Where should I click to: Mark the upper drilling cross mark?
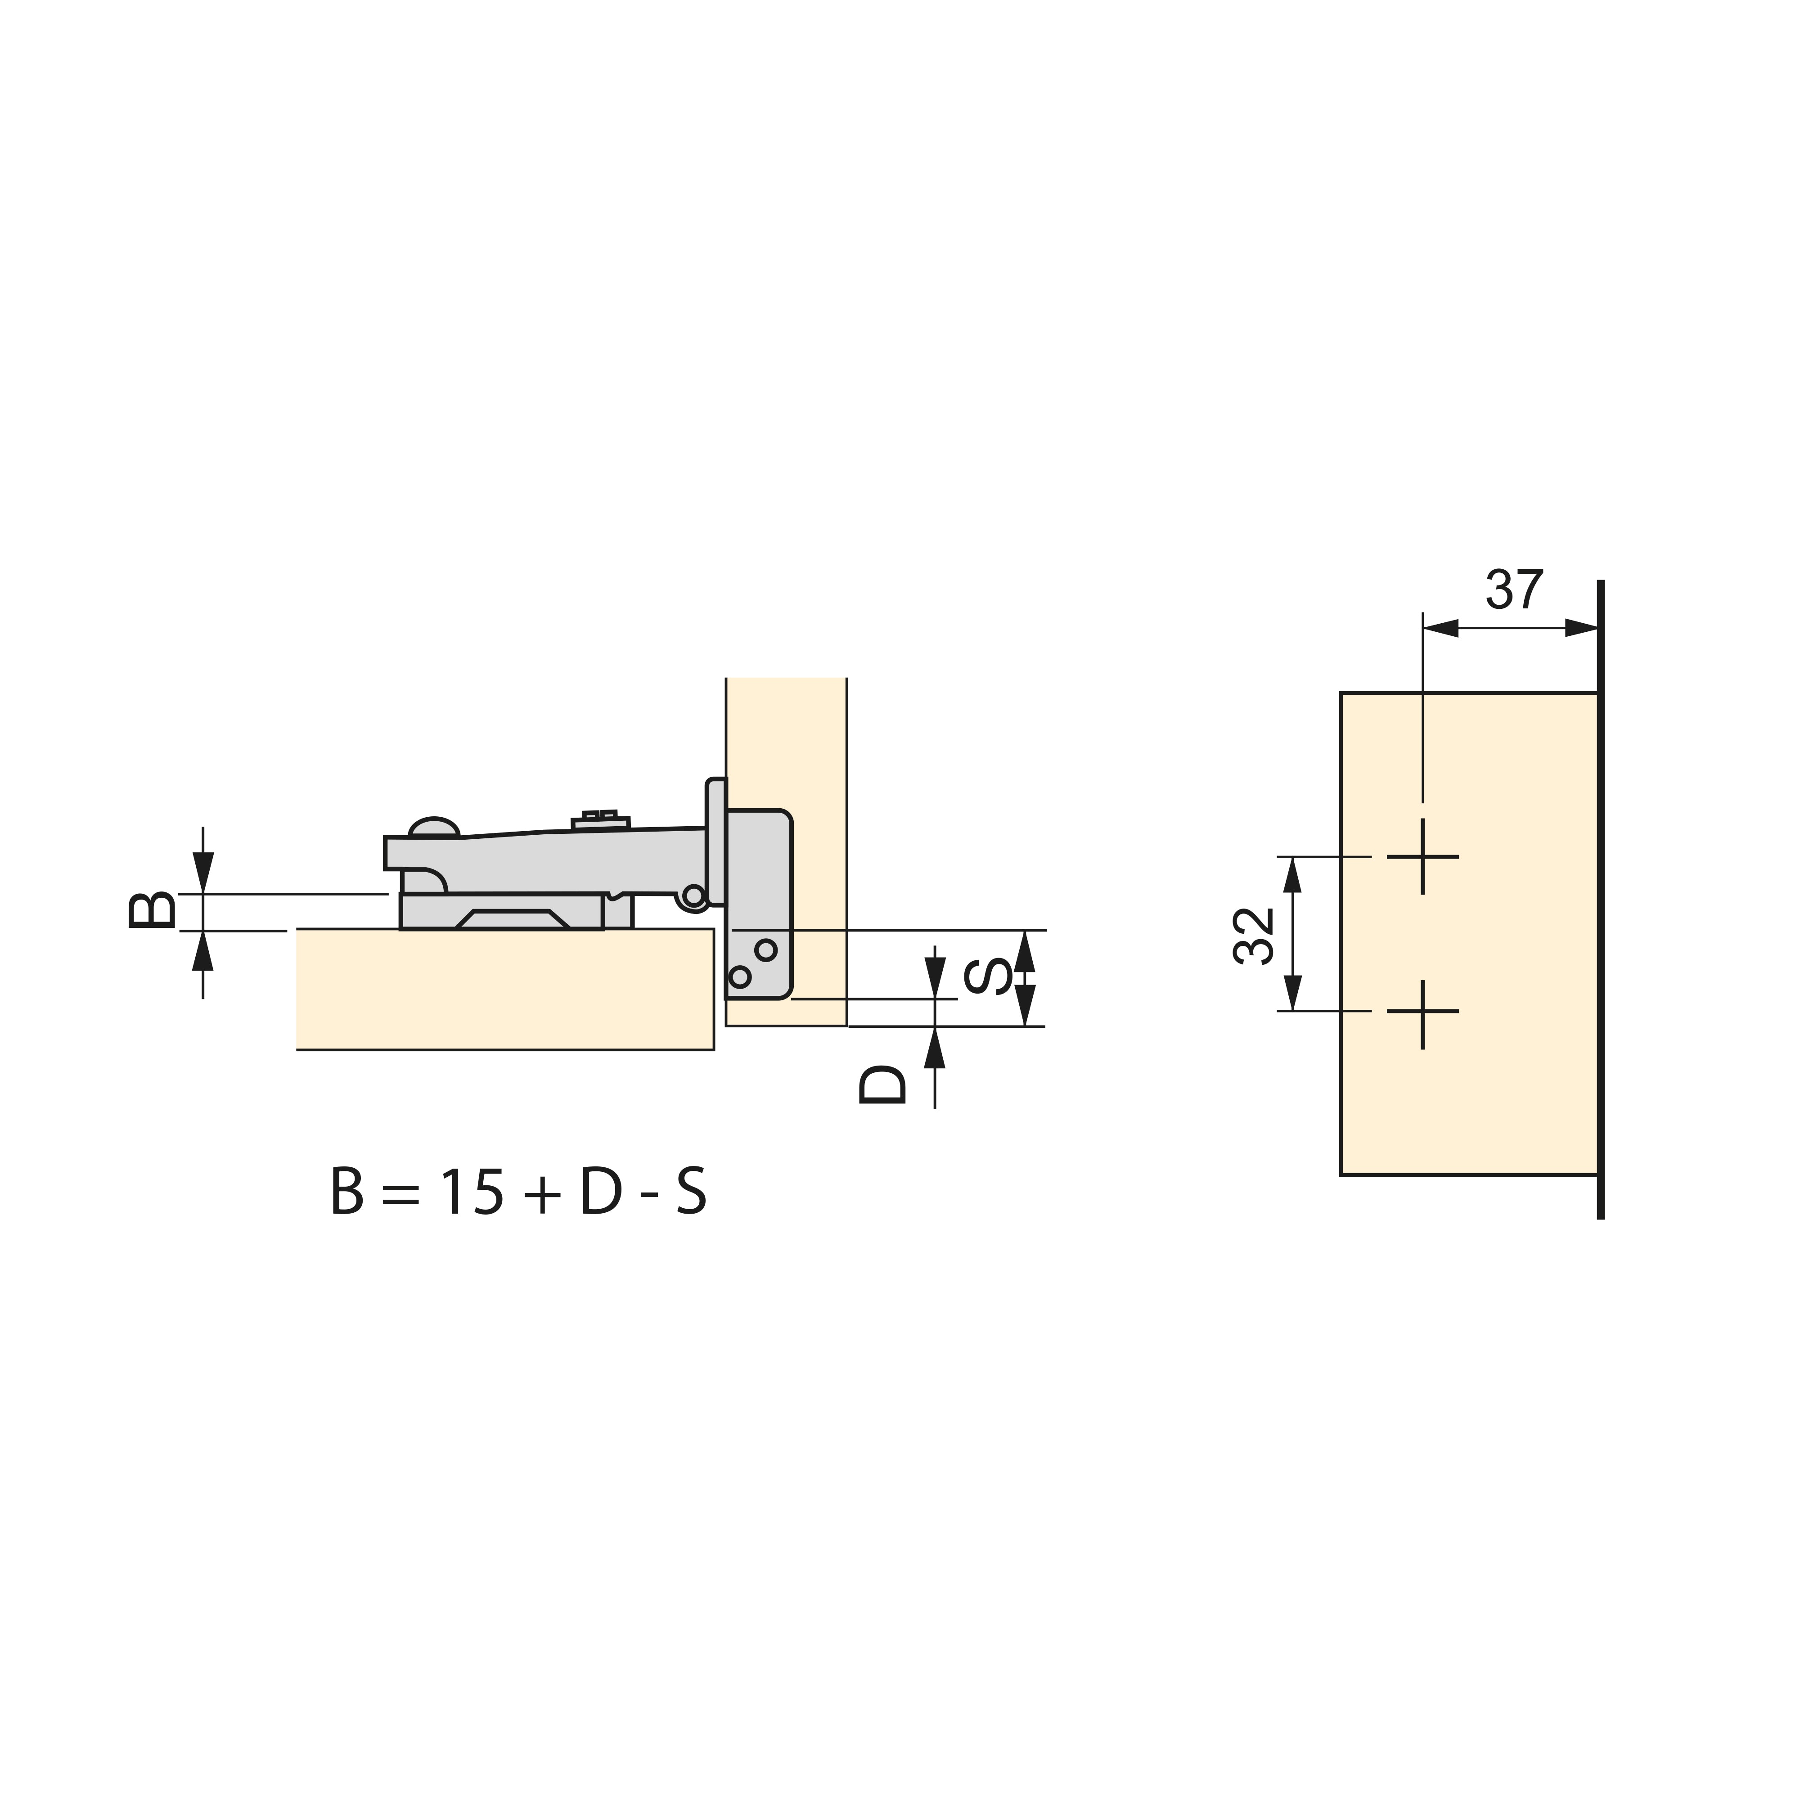pos(1422,856)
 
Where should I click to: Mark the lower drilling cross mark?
pos(1422,1011)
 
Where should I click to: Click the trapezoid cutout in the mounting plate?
pos(513,919)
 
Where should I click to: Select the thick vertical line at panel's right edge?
pos(1601,899)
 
